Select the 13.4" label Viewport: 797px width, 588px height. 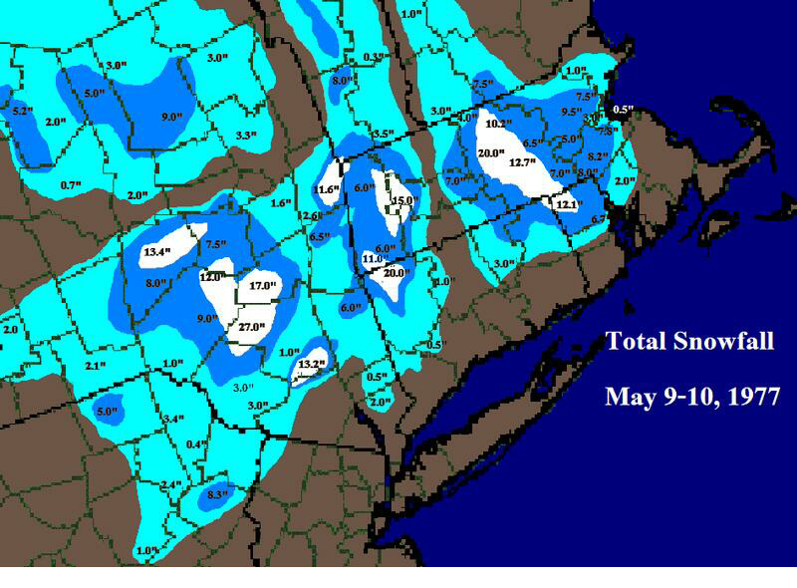157,252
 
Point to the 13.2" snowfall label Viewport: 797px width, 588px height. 312,364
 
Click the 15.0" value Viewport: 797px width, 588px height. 401,201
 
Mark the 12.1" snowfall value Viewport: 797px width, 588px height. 567,204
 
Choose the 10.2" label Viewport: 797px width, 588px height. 498,125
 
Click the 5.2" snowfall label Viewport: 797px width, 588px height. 21,110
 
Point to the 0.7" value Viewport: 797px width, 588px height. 70,185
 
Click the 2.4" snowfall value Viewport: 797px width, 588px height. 170,485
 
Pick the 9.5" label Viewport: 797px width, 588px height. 572,112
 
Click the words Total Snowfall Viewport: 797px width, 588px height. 689,343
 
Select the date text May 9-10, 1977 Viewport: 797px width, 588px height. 691,396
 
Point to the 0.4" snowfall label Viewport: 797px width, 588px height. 196,444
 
